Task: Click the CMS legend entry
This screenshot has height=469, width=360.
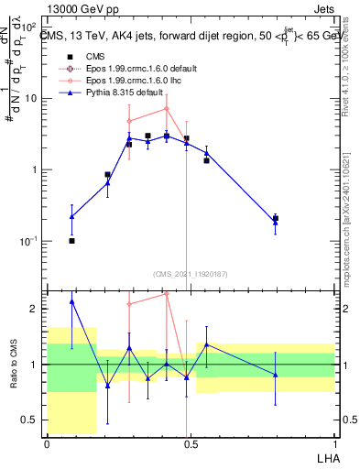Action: point(92,56)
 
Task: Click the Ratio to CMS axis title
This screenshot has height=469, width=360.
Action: point(12,364)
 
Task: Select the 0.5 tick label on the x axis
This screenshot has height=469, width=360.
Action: point(190,442)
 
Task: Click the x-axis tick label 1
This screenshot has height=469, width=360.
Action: point(333,442)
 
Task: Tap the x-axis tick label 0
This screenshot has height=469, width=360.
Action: point(47,442)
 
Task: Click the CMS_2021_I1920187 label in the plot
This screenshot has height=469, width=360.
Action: point(190,272)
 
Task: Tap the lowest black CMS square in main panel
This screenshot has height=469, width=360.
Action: point(71,240)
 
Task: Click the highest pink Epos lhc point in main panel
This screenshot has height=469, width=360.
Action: point(166,108)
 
